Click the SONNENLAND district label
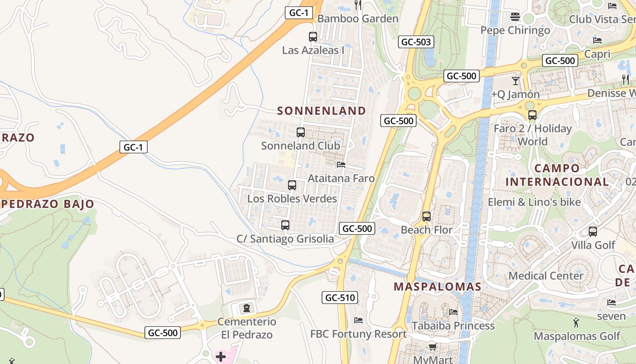(321, 111)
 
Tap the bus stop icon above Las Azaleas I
(313, 37)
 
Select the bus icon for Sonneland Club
(300, 132)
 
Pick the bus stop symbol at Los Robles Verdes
(292, 185)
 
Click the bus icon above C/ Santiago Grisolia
(285, 225)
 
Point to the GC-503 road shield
(416, 42)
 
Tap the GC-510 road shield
(340, 298)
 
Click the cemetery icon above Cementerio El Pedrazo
(246, 308)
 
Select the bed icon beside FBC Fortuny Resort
(358, 320)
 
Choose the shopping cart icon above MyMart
(432, 347)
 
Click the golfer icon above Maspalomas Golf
(576, 323)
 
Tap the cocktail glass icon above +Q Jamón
(515, 81)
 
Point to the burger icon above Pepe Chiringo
(515, 17)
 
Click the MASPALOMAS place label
(437, 287)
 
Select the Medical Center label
(546, 276)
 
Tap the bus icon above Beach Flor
(426, 217)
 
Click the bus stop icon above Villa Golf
(592, 232)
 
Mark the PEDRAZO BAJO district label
(47, 204)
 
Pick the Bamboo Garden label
(358, 19)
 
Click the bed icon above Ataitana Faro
(341, 165)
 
